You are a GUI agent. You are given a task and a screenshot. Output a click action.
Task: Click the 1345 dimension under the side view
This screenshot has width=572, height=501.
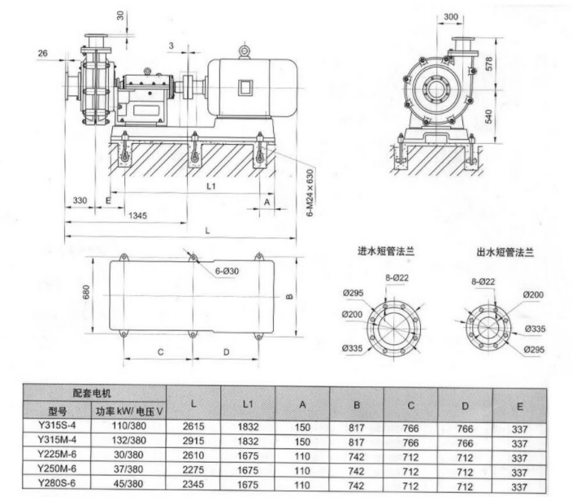[137, 215]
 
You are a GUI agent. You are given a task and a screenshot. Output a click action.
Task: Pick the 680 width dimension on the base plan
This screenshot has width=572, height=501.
[84, 291]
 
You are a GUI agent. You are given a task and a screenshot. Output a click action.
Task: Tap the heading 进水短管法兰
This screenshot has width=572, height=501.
[385, 253]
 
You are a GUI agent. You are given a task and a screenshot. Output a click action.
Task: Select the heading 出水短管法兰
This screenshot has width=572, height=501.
[504, 253]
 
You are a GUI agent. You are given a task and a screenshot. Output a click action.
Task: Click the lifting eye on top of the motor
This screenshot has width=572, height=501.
[244, 50]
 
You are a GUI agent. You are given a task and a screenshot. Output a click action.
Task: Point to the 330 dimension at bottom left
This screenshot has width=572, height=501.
[80, 200]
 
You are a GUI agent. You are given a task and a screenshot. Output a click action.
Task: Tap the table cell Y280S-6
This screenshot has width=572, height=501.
[55, 486]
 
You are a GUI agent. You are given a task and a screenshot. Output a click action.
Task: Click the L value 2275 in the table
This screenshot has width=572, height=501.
[192, 471]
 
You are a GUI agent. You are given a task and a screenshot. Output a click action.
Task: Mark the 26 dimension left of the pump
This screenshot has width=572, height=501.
[42, 54]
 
